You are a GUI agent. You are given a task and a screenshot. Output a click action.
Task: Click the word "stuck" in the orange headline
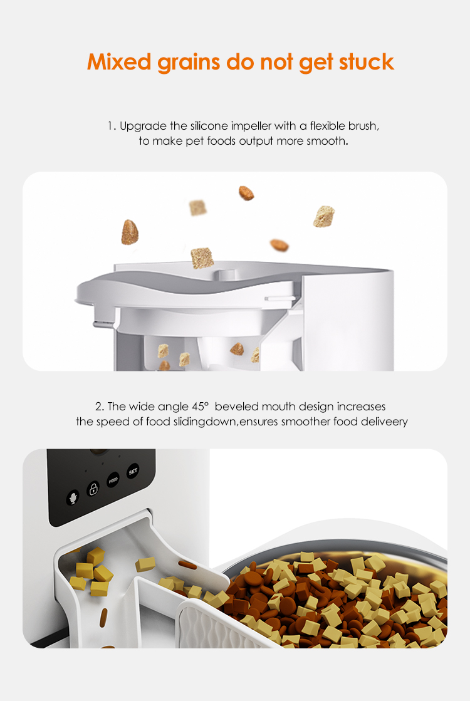pyautogui.click(x=366, y=62)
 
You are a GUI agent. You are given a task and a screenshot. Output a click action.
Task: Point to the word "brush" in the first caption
pyautogui.click(x=363, y=126)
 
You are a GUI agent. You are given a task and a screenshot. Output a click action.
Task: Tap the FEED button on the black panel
pyautogui.click(x=113, y=480)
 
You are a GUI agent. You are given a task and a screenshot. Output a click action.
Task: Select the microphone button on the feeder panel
pyautogui.click(x=73, y=498)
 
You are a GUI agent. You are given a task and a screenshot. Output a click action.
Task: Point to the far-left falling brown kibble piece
pyautogui.click(x=129, y=232)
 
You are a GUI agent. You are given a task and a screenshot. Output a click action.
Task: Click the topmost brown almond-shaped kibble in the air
pyautogui.click(x=246, y=193)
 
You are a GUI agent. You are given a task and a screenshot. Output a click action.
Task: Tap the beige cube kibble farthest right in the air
pyautogui.click(x=323, y=216)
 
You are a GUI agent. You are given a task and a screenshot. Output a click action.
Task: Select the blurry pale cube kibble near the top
pyautogui.click(x=198, y=207)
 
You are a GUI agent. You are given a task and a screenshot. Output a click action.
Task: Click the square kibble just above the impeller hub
pyautogui.click(x=202, y=257)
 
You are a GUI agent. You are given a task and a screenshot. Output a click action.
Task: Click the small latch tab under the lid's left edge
pyautogui.click(x=98, y=325)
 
